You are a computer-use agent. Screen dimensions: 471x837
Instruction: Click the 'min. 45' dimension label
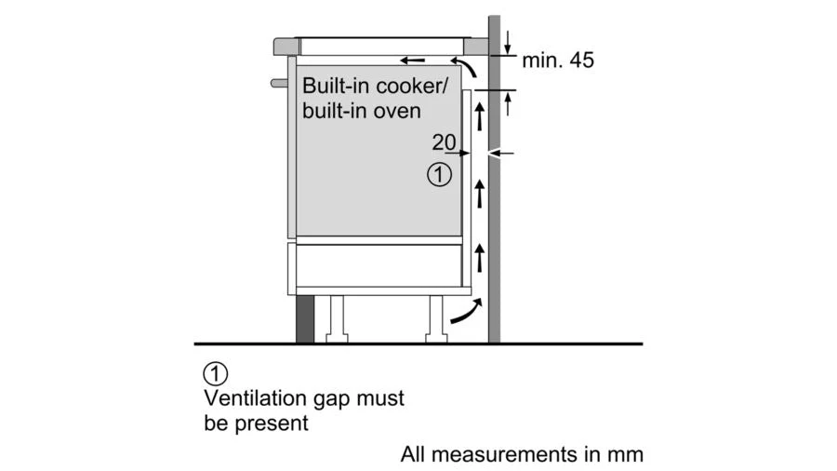[557, 61]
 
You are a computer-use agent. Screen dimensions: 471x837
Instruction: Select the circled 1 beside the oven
[439, 173]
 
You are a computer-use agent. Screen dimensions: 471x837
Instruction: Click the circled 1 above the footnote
[215, 374]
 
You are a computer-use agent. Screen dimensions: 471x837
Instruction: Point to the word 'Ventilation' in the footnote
[256, 398]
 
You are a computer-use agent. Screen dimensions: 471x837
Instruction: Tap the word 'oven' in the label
[401, 111]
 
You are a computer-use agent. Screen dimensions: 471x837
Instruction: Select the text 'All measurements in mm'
[522, 455]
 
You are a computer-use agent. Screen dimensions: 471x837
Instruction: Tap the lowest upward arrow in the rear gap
[480, 252]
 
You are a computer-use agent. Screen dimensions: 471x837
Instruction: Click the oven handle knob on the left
[278, 83]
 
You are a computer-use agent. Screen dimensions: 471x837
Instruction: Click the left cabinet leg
[338, 318]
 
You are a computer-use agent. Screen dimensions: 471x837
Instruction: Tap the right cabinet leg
[433, 318]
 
